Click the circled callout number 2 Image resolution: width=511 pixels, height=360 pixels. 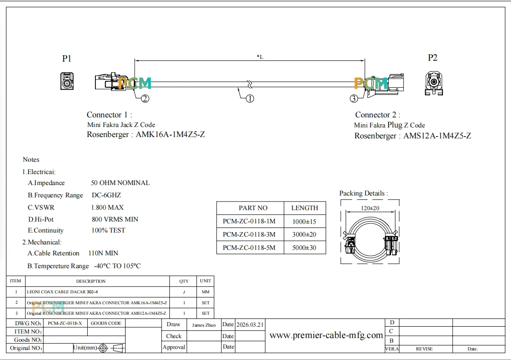tap(145, 99)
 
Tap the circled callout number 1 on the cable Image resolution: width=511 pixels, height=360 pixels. tap(250, 99)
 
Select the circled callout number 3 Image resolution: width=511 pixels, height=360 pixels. tap(354, 99)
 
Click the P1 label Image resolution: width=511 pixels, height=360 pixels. tap(67, 58)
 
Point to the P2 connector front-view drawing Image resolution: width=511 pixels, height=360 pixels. tap(434, 83)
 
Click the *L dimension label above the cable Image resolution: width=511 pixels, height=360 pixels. tap(260, 57)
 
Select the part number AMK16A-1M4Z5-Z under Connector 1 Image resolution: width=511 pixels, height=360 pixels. tap(170, 134)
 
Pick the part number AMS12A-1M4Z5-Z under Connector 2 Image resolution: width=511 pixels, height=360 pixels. tap(437, 136)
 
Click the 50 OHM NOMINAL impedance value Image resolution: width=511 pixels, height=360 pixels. tap(120, 183)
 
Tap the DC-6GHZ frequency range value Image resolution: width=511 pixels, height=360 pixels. tap(106, 195)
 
